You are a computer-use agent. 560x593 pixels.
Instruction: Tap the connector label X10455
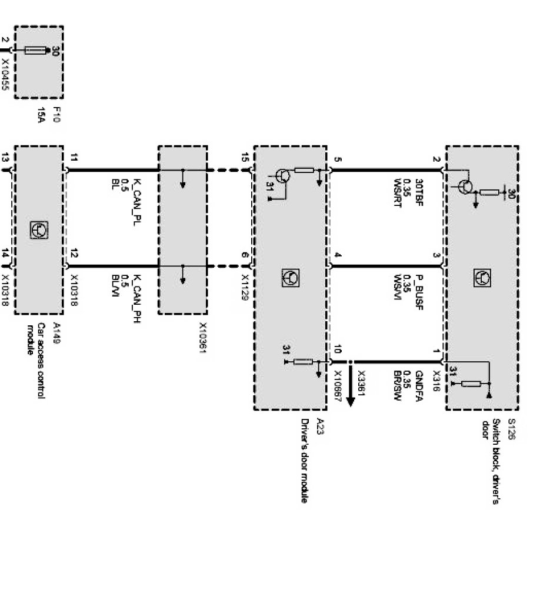click(x=5, y=74)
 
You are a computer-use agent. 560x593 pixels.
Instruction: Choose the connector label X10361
click(x=203, y=340)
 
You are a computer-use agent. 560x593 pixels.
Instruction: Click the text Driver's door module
click(x=305, y=461)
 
